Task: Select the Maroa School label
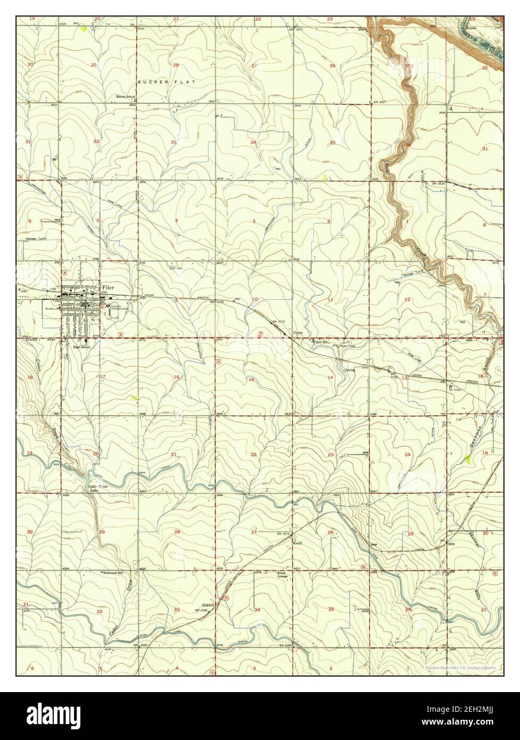[x=127, y=97]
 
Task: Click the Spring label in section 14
[x=350, y=370]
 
